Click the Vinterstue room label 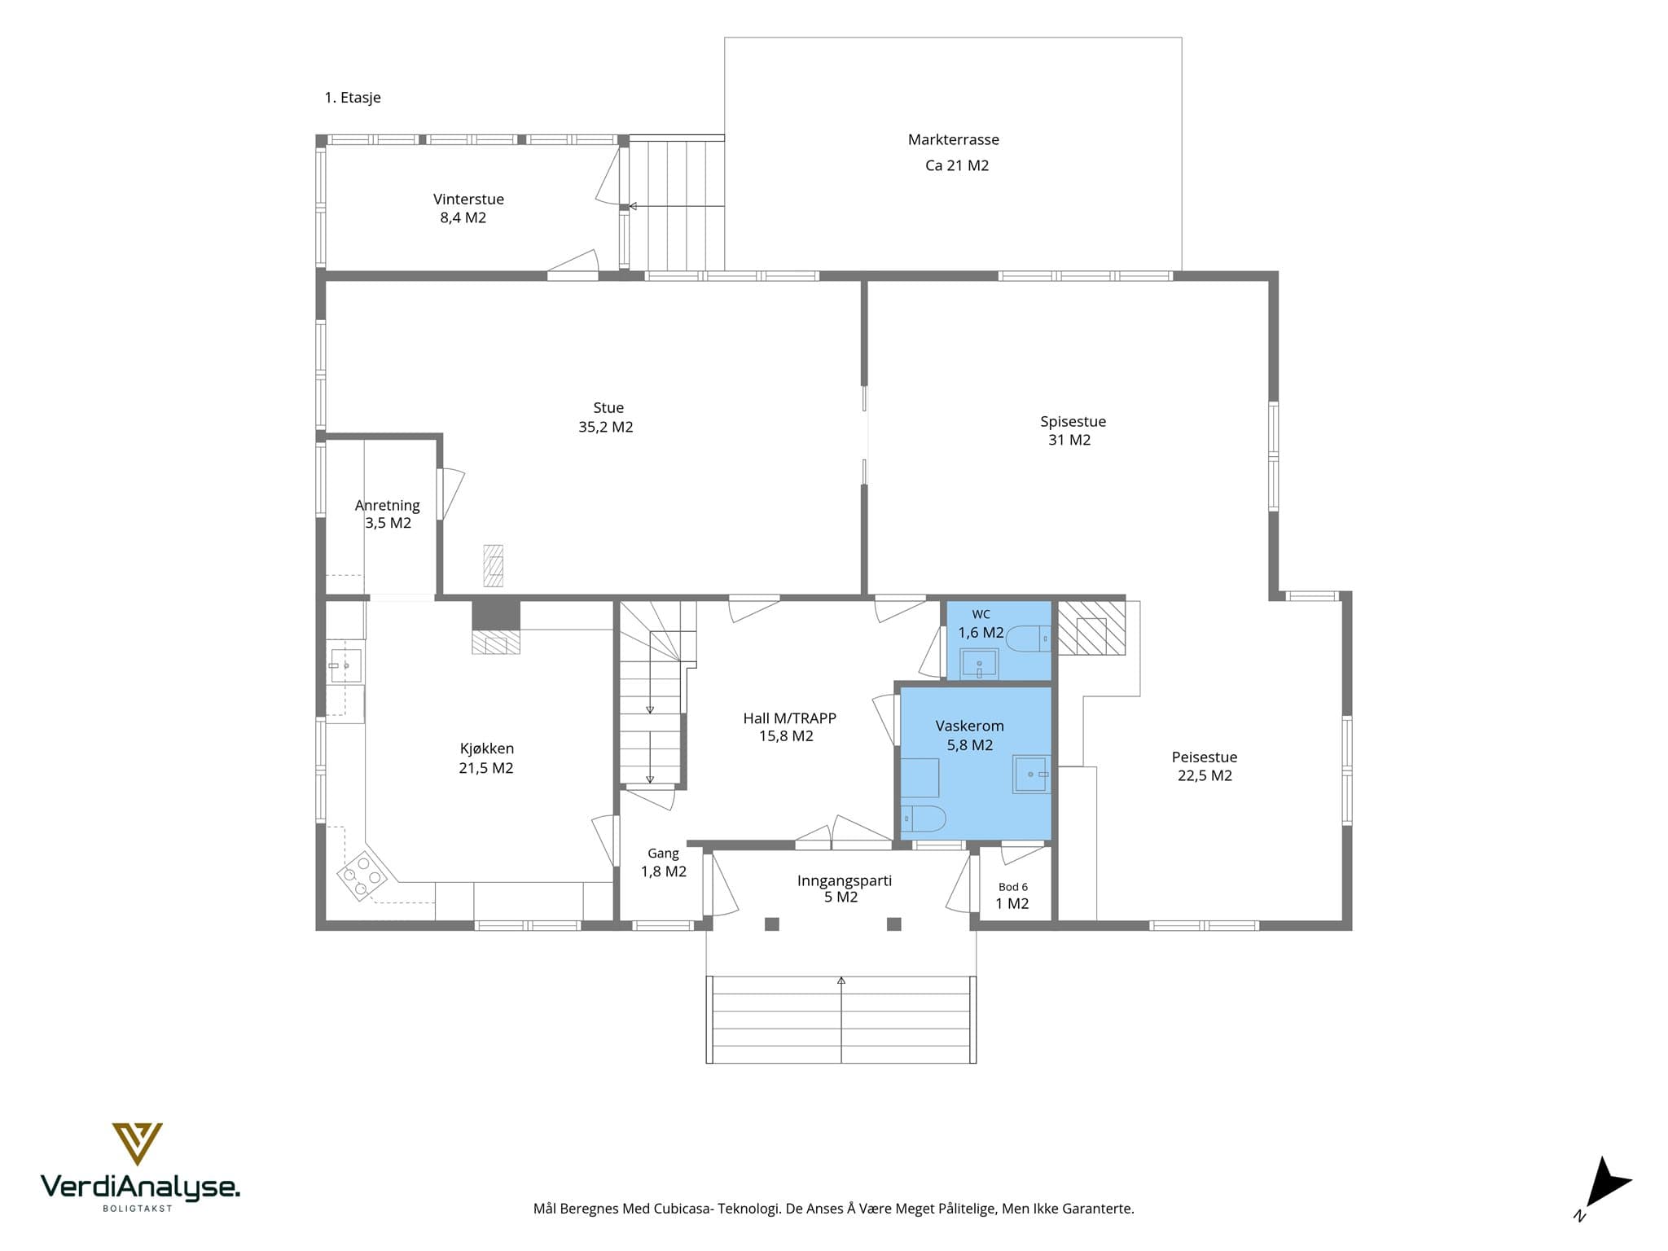[x=468, y=199]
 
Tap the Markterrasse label [x=954, y=139]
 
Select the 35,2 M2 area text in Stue [x=606, y=427]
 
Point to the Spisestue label [x=1073, y=421]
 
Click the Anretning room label [x=388, y=505]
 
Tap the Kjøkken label [x=487, y=748]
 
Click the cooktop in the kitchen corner [x=362, y=876]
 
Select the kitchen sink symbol [x=345, y=665]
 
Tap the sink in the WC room [x=979, y=664]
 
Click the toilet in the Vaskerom [x=923, y=818]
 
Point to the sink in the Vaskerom [x=1031, y=774]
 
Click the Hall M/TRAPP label [x=789, y=718]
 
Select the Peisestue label [x=1205, y=757]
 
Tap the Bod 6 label [x=1013, y=887]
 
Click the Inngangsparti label [x=845, y=880]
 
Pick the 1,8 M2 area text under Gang [x=664, y=871]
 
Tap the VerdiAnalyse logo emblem [x=137, y=1143]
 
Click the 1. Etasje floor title [x=353, y=98]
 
